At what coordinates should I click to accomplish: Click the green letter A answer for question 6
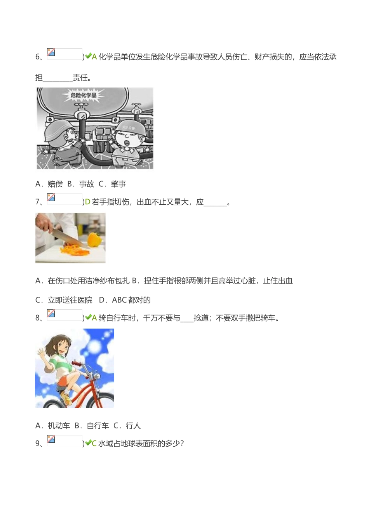(x=94, y=57)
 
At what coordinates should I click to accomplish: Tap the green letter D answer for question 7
(x=87, y=202)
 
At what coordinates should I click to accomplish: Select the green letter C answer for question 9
(x=94, y=443)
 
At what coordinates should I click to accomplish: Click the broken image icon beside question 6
(x=51, y=52)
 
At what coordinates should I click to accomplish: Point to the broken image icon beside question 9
(x=51, y=439)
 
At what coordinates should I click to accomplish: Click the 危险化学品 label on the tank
(x=83, y=95)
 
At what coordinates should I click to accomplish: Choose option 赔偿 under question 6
(x=55, y=184)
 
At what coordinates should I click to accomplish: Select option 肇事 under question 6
(x=118, y=184)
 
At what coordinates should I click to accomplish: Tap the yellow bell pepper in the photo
(x=94, y=239)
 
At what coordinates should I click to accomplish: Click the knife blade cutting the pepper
(x=66, y=235)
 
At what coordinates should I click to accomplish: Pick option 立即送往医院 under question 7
(x=70, y=300)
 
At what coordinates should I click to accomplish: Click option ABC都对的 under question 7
(x=131, y=300)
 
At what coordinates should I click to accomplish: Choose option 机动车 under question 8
(x=59, y=426)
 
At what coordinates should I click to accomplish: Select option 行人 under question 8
(x=133, y=426)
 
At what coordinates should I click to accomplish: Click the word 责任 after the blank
(x=80, y=78)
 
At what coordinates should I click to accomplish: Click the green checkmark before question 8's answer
(x=88, y=317)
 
